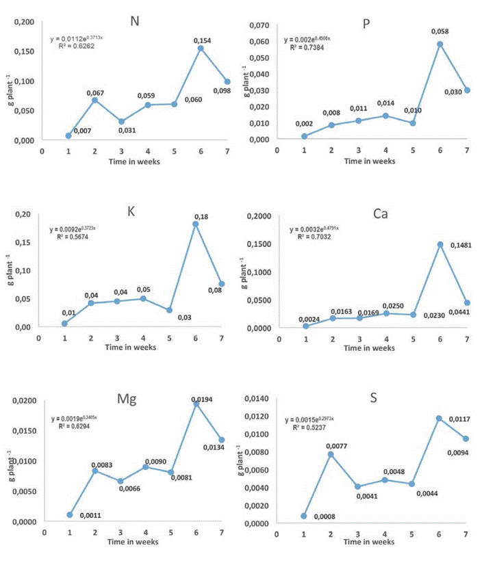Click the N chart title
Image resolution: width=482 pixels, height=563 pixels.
[x=135, y=21]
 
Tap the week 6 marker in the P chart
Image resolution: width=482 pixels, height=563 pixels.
[x=440, y=44]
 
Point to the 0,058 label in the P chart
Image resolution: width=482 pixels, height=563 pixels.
[x=440, y=31]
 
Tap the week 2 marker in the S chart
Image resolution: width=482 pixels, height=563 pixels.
[x=331, y=454]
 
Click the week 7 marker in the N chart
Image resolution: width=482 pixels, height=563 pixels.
[x=227, y=81]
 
